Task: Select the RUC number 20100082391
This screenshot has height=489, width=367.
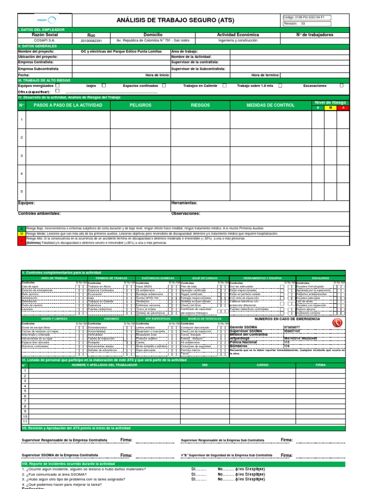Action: [x=91, y=41]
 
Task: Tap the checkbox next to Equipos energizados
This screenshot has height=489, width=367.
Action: [x=57, y=85]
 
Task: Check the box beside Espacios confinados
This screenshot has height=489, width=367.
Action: [x=164, y=85]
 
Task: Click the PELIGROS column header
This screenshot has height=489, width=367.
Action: [x=140, y=105]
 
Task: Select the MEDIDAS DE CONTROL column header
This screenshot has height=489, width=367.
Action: [x=270, y=105]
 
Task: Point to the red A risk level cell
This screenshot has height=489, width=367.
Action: [x=343, y=108]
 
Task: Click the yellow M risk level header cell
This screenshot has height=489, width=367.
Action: [x=330, y=108]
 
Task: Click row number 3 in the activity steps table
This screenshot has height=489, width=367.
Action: [x=22, y=156]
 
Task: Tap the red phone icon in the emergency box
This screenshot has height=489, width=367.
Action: [x=337, y=323]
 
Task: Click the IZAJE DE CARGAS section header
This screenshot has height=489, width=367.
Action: [x=204, y=277]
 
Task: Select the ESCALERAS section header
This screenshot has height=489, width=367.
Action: [x=320, y=277]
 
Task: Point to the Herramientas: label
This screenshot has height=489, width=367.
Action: [x=184, y=203]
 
